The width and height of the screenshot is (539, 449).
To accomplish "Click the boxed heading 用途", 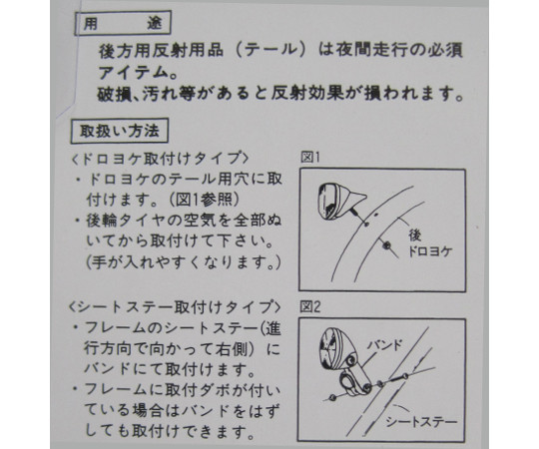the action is tap(123, 23).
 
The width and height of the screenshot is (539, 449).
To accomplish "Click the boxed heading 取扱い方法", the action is tap(120, 131).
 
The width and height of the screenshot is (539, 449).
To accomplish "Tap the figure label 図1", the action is tap(310, 158).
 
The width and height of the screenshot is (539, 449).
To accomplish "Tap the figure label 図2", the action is tap(310, 306).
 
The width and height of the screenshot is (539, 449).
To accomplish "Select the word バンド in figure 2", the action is tap(384, 345).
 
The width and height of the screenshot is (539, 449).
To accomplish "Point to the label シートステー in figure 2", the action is tap(421, 421).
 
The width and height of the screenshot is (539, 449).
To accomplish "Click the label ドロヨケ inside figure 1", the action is tap(429, 251).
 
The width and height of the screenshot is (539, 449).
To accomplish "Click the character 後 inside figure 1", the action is tap(415, 235).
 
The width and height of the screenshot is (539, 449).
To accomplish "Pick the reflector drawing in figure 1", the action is tap(341, 202).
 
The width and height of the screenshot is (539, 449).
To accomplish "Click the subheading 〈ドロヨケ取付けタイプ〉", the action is tap(160, 159).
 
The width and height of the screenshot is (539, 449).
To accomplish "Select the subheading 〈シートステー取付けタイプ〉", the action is tap(175, 307).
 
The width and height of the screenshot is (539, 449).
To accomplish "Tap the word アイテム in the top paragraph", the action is tap(132, 73).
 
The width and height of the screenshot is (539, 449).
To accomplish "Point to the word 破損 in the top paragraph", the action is tap(114, 94).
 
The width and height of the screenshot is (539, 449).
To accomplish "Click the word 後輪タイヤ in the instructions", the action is tap(128, 221).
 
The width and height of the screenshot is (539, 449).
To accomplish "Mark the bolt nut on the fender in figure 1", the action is tap(387, 245).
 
